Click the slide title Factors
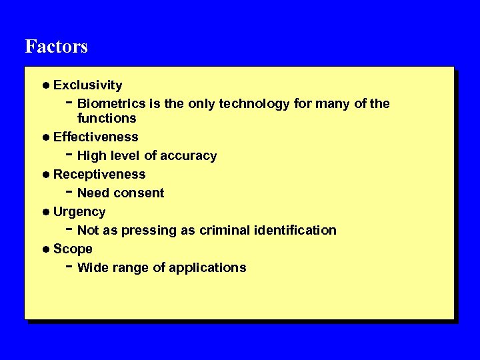(x=56, y=47)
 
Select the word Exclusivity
(x=87, y=85)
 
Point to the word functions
(x=107, y=119)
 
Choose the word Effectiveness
(x=95, y=137)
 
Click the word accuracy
(x=189, y=156)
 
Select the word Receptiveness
(x=99, y=175)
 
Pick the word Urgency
(x=79, y=212)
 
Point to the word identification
(x=295, y=231)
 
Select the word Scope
(x=73, y=249)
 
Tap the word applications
(x=207, y=268)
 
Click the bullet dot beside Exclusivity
(x=45, y=85)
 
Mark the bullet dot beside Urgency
(x=45, y=212)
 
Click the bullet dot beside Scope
(x=45, y=249)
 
